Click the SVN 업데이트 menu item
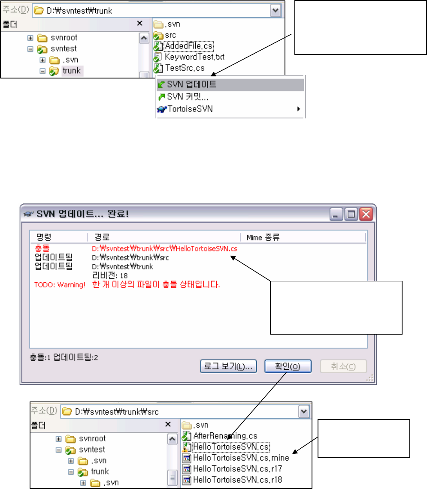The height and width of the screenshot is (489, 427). pyautogui.click(x=191, y=85)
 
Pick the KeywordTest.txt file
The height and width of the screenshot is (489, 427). pyautogui.click(x=194, y=57)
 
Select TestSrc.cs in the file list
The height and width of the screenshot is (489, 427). pyautogui.click(x=185, y=68)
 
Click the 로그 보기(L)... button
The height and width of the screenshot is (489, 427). pyautogui.click(x=228, y=366)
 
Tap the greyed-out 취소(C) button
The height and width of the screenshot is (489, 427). pyautogui.click(x=343, y=366)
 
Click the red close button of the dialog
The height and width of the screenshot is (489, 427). pyautogui.click(x=366, y=214)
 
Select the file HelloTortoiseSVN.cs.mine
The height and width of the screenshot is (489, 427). pyautogui.click(x=241, y=458)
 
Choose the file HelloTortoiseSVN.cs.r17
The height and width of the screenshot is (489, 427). pyautogui.click(x=237, y=469)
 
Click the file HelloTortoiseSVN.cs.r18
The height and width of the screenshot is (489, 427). pyautogui.click(x=237, y=480)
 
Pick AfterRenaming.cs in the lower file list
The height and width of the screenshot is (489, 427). pyautogui.click(x=219, y=436)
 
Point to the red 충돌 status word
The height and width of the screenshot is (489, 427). pyautogui.click(x=41, y=248)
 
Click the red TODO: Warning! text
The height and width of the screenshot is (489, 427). pyautogui.click(x=60, y=285)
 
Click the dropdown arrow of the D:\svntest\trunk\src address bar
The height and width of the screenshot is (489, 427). pyautogui.click(x=304, y=412)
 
